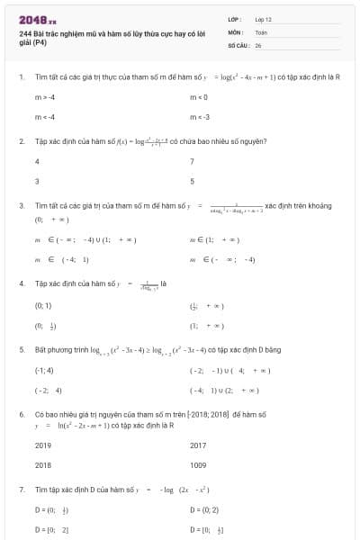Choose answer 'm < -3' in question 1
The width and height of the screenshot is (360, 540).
coord(200,117)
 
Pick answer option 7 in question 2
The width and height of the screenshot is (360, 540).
coord(193,161)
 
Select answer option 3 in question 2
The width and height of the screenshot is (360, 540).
coord(37,181)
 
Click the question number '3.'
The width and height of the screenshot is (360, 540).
coord(22,206)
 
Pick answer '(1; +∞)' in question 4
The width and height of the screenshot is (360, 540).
coord(206,326)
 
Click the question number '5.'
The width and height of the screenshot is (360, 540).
coord(22,348)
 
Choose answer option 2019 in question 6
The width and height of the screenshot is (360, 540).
coord(42,445)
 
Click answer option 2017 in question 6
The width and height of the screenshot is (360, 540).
coord(198,445)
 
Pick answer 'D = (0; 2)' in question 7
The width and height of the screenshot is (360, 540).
coord(206,509)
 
